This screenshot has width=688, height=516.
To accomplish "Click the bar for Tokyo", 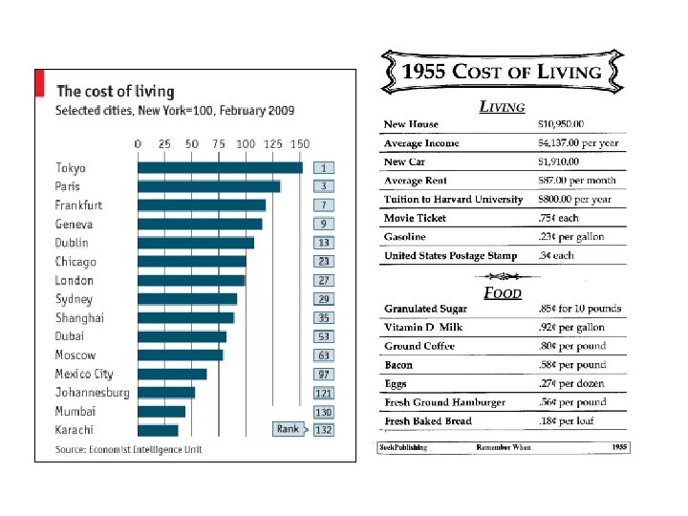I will coord(220,168).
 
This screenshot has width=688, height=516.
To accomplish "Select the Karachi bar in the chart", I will coord(159,430).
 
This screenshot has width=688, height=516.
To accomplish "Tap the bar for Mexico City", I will coord(172,374).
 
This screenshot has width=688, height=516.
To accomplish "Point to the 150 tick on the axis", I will coord(299,143).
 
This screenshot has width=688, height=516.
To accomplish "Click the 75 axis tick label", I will coord(219,143).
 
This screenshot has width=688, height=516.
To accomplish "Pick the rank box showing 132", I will coord(325,430).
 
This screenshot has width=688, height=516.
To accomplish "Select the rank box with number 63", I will coord(325,355).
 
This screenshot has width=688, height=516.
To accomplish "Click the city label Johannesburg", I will coord(92,393).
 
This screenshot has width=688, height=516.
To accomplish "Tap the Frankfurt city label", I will coord(78,205).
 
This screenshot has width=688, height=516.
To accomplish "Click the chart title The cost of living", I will coord(115,92).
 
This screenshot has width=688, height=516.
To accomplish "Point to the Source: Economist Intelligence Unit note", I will coord(128,449).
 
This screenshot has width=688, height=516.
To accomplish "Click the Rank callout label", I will coord(288,429).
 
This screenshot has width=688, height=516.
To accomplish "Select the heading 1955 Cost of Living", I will coord(502,72).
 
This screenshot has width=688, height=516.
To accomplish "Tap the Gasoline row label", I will coord(405,237).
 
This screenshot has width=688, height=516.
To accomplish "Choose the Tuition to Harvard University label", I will coord(453,200).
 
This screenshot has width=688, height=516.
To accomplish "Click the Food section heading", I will coord(502,292).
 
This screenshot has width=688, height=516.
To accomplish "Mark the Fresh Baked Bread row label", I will coord(427,421).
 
